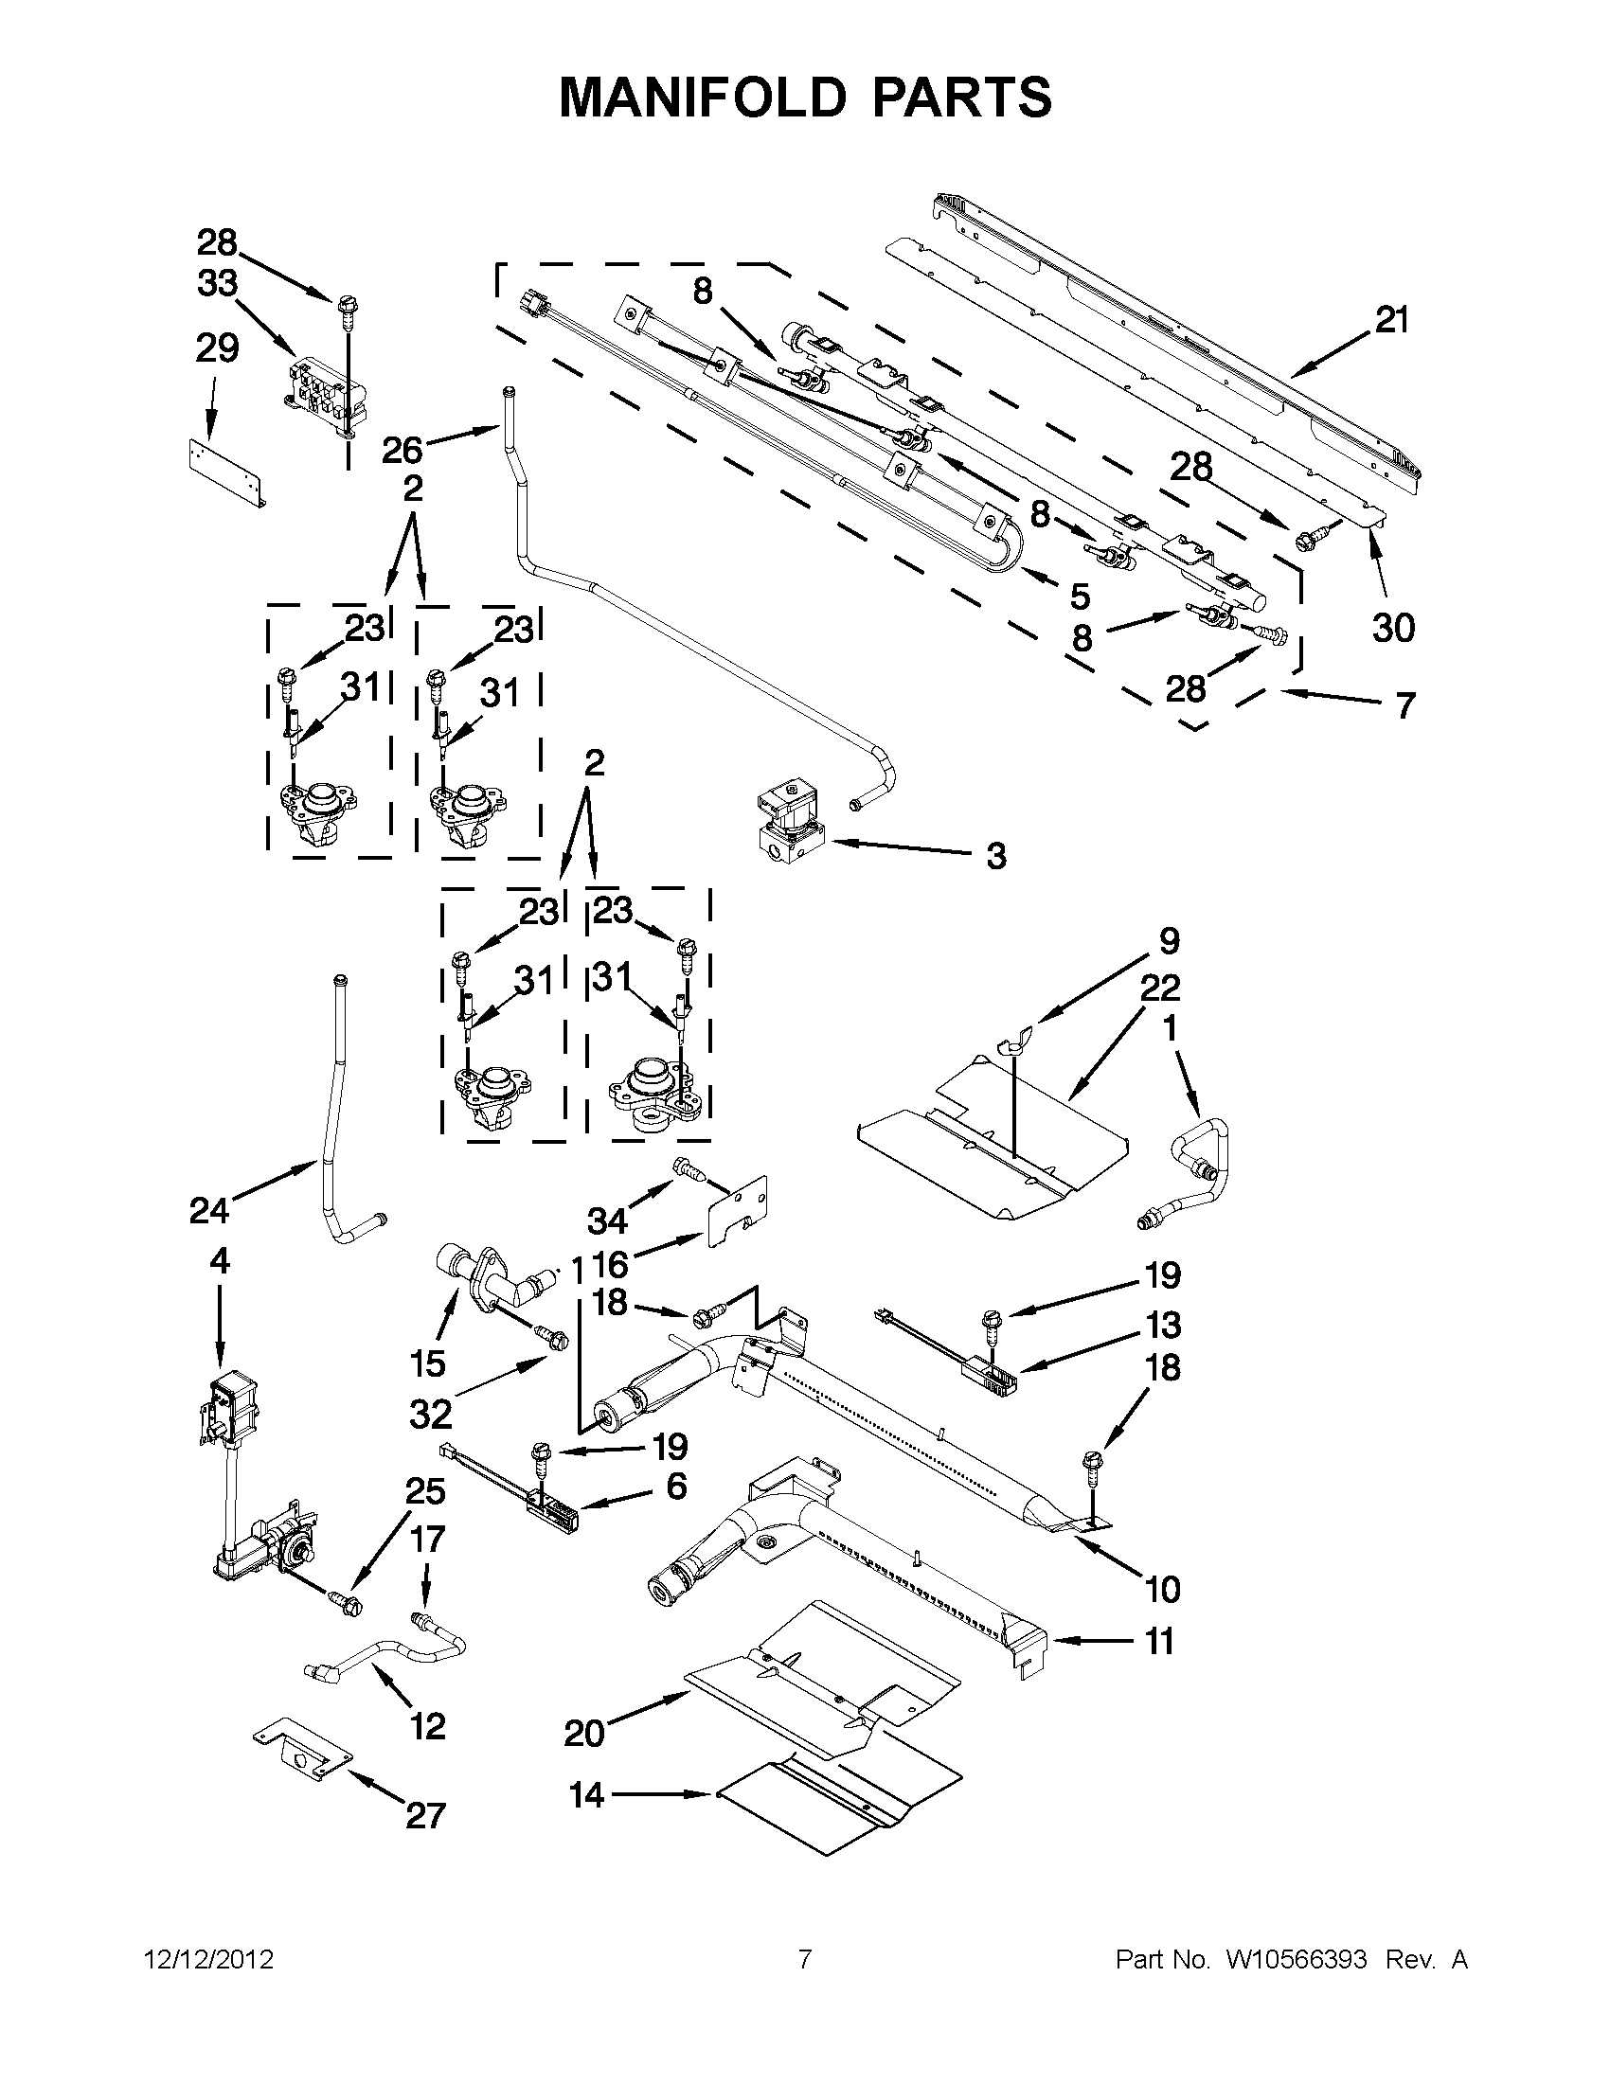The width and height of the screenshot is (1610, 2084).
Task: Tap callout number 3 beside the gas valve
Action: [995, 856]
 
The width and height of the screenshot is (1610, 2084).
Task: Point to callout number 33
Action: [217, 283]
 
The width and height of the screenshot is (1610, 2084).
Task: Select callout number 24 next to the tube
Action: [208, 1211]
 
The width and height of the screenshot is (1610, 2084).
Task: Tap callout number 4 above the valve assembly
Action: [220, 1261]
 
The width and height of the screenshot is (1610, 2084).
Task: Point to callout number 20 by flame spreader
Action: [584, 1732]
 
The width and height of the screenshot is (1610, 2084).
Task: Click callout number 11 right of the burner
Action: [1158, 1641]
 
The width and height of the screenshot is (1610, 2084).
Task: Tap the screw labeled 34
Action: [689, 1168]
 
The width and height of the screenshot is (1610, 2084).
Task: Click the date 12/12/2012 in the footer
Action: [209, 1960]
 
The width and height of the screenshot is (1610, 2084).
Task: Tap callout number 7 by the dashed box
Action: [1404, 706]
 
